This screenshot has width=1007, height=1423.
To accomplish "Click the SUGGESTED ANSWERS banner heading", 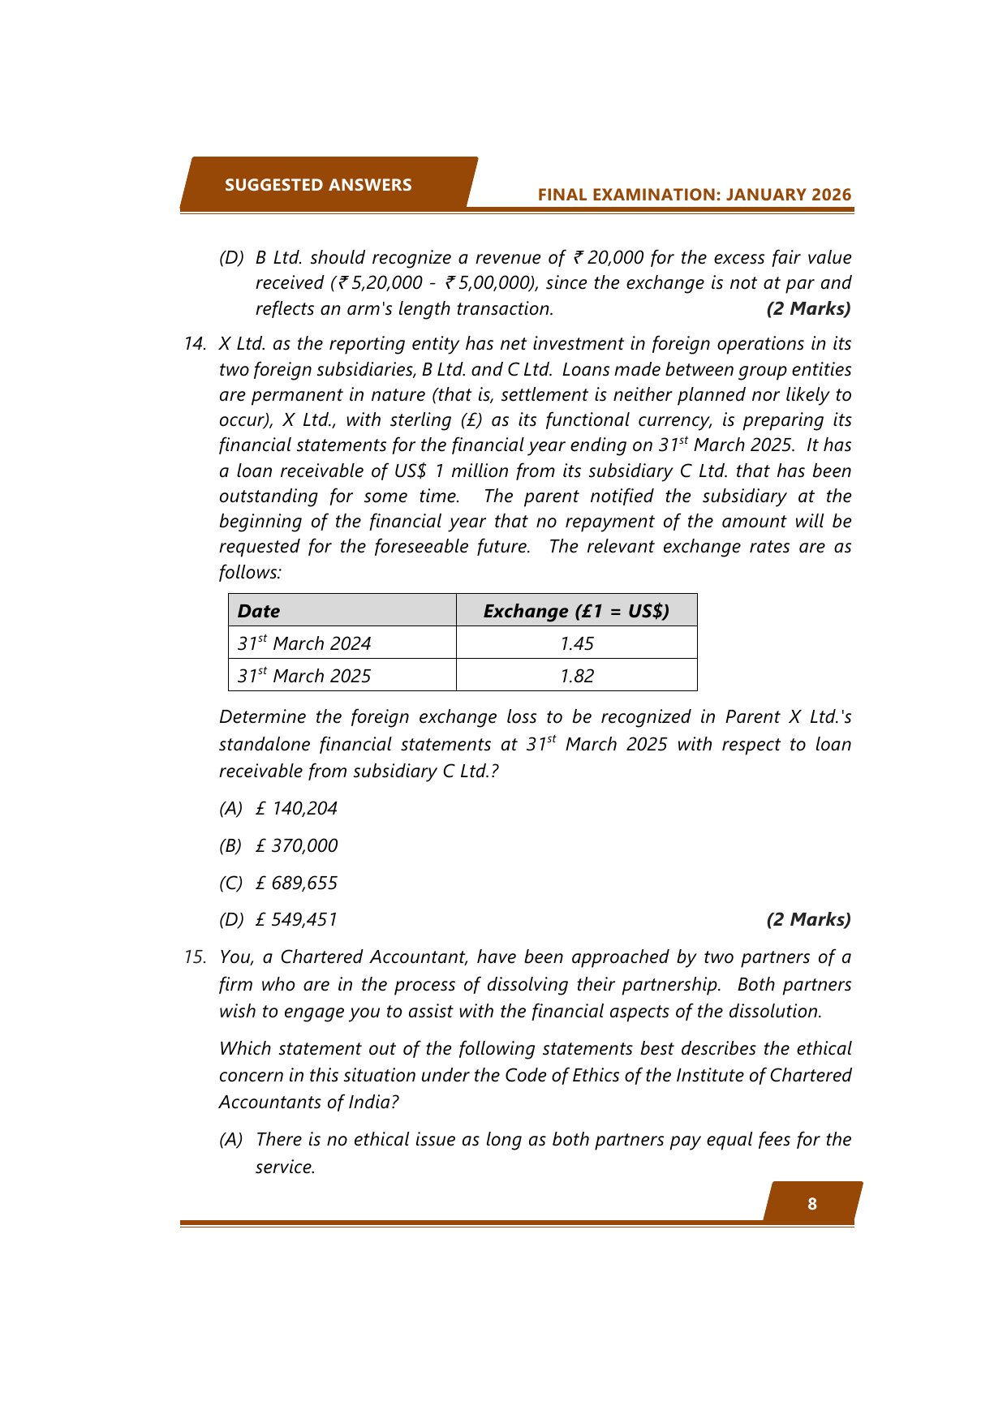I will coord(318,185).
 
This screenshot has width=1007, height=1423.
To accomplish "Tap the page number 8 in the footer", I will coord(812,1204).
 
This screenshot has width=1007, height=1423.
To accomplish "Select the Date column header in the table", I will coord(259,611).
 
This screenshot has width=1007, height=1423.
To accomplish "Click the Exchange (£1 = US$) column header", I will coord(576,611).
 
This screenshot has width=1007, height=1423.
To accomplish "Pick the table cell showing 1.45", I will coord(577,643).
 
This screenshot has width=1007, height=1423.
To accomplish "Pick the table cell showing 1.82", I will coord(577,676).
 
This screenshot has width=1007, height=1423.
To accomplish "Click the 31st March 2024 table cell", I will coord(304,643).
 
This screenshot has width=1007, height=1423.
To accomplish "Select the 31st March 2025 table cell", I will coord(304,676).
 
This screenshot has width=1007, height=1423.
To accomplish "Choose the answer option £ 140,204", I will coord(296,808).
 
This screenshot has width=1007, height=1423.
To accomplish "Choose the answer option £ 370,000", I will coord(296,845).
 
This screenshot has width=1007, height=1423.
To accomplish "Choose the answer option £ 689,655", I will coord(296,883).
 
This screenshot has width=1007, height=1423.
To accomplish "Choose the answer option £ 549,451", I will coord(296,919).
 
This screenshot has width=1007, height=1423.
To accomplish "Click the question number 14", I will coord(195,343).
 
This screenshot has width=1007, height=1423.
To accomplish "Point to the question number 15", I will coord(195,957).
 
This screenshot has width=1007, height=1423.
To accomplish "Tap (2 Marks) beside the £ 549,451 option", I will coord(808,919).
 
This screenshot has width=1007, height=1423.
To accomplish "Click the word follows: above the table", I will coord(250,572).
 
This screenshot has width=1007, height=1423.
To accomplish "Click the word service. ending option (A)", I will coord(285,1167).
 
